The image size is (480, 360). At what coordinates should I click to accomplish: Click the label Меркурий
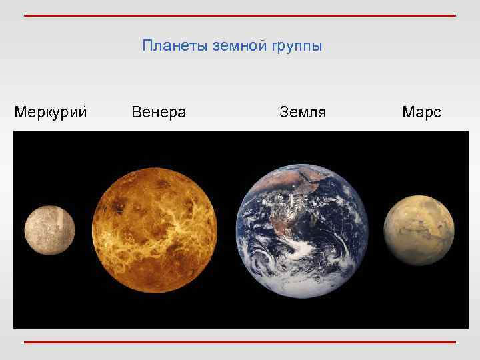51,112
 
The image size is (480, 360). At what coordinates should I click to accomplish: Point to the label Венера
159,112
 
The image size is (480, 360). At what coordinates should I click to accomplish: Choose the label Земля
303,112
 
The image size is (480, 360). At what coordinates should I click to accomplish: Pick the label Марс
421,112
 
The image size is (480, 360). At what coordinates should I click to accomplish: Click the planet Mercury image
50,231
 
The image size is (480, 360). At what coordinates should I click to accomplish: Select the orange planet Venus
155,230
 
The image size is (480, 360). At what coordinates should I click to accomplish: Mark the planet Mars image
419,231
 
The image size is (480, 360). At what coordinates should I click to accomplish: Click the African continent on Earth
320,193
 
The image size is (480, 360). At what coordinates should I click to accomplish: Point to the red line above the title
240,15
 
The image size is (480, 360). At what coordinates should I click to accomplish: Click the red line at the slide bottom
240,342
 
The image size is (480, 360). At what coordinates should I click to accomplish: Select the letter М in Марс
408,112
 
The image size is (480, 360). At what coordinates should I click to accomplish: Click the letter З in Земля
283,112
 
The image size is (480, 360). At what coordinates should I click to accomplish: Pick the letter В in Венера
136,112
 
